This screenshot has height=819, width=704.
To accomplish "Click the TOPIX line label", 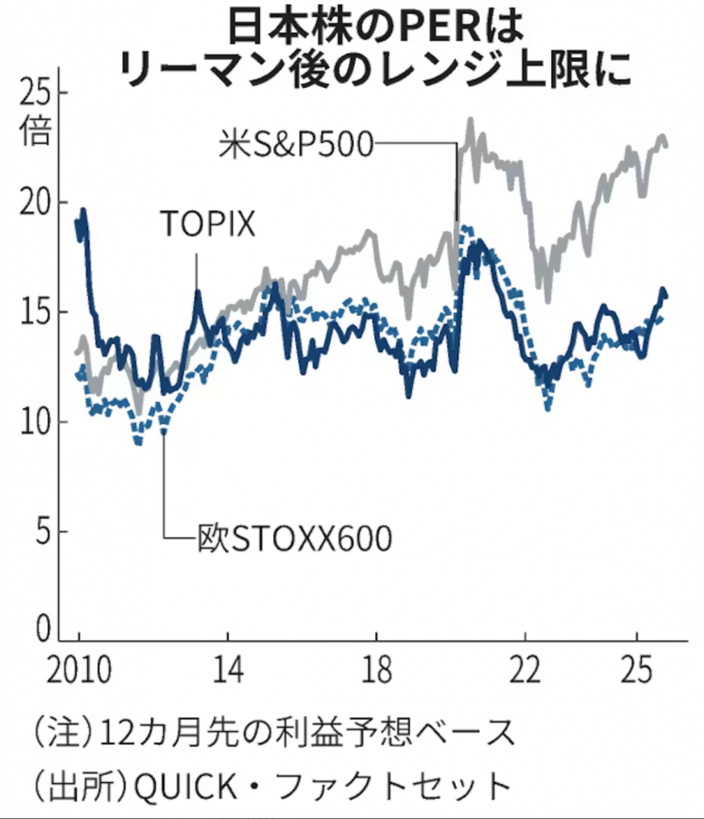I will [x=207, y=224].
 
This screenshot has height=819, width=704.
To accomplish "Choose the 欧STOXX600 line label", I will [x=294, y=539].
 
